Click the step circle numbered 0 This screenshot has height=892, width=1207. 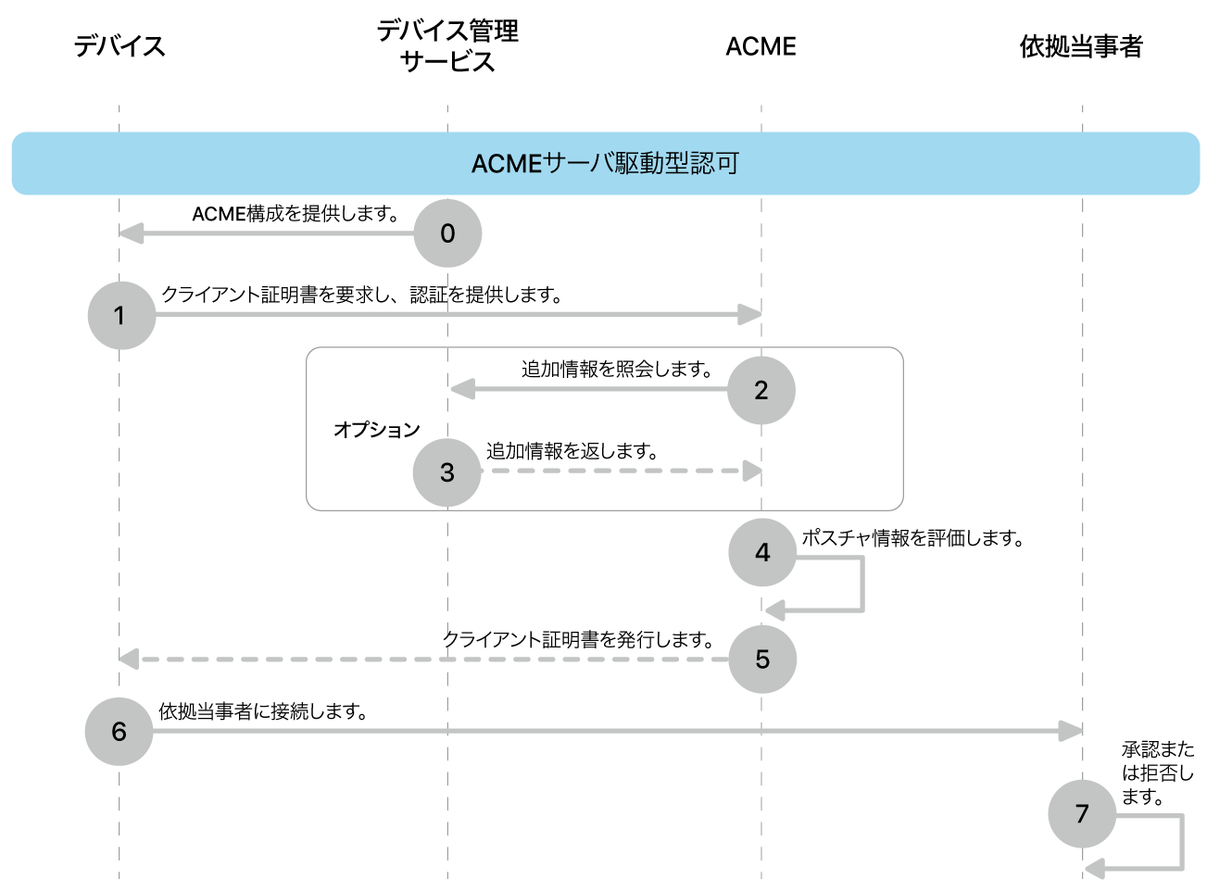pos(447,233)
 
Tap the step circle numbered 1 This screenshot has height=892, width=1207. pos(121,316)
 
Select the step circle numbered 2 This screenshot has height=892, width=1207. pos(761,390)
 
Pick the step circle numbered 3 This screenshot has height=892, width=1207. pos(447,472)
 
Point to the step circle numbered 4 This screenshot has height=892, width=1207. pos(762,553)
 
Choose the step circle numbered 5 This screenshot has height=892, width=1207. pos(762,660)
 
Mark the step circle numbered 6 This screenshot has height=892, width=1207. pos(119,732)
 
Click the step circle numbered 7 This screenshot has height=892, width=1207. pos(1082,814)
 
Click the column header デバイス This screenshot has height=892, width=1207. pos(119,46)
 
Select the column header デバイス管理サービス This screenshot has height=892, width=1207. pos(447,46)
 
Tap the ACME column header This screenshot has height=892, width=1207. pos(761,46)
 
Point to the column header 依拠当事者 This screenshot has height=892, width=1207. pos(1081,46)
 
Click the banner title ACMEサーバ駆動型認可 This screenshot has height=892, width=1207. pos(605,164)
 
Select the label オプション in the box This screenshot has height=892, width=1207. pos(377,430)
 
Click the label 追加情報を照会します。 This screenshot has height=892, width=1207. pos(617,370)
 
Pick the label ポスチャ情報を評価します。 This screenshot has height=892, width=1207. pos(912,538)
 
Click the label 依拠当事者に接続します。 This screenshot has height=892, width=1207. pos(264,711)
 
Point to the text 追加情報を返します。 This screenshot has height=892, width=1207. pos(572,451)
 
